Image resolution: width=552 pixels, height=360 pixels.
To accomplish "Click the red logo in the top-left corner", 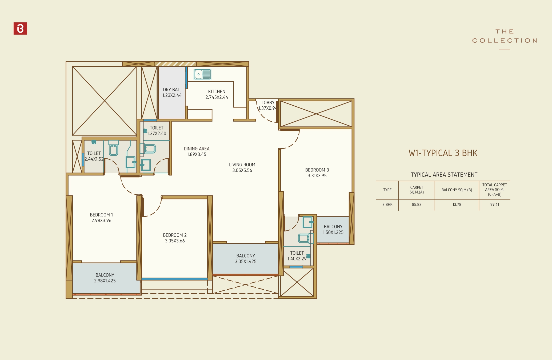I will click(x=20, y=29).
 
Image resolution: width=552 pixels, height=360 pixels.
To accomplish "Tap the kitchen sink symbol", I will click(x=202, y=74).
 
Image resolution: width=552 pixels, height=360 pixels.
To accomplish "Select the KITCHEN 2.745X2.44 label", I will click(x=217, y=94).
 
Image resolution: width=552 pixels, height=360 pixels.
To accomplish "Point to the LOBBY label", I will click(x=268, y=103).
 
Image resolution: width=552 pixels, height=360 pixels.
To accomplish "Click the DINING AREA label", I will click(x=197, y=151).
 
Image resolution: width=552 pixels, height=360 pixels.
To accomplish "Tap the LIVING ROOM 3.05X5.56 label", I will click(x=242, y=167).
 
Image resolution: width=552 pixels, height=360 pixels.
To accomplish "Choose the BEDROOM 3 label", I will click(x=317, y=173).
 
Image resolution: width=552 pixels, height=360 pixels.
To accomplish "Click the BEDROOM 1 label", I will click(x=101, y=218).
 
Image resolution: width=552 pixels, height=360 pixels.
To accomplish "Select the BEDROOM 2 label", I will click(x=175, y=238).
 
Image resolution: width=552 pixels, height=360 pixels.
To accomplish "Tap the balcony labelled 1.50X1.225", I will click(x=333, y=229).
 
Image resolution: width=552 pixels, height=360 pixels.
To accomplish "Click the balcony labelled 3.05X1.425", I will click(x=246, y=258).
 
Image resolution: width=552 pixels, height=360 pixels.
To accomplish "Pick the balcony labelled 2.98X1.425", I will click(x=105, y=278).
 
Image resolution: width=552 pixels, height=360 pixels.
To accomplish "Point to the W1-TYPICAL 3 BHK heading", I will click(x=443, y=153).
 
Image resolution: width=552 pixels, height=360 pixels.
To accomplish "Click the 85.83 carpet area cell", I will click(x=417, y=205).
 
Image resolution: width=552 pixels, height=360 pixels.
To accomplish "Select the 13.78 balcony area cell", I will click(x=457, y=205).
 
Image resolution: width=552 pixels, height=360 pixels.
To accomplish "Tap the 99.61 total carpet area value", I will click(x=494, y=205).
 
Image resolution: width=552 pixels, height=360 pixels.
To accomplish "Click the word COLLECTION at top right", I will click(x=505, y=41).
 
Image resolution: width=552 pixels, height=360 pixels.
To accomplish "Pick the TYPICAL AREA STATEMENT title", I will click(x=444, y=175).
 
